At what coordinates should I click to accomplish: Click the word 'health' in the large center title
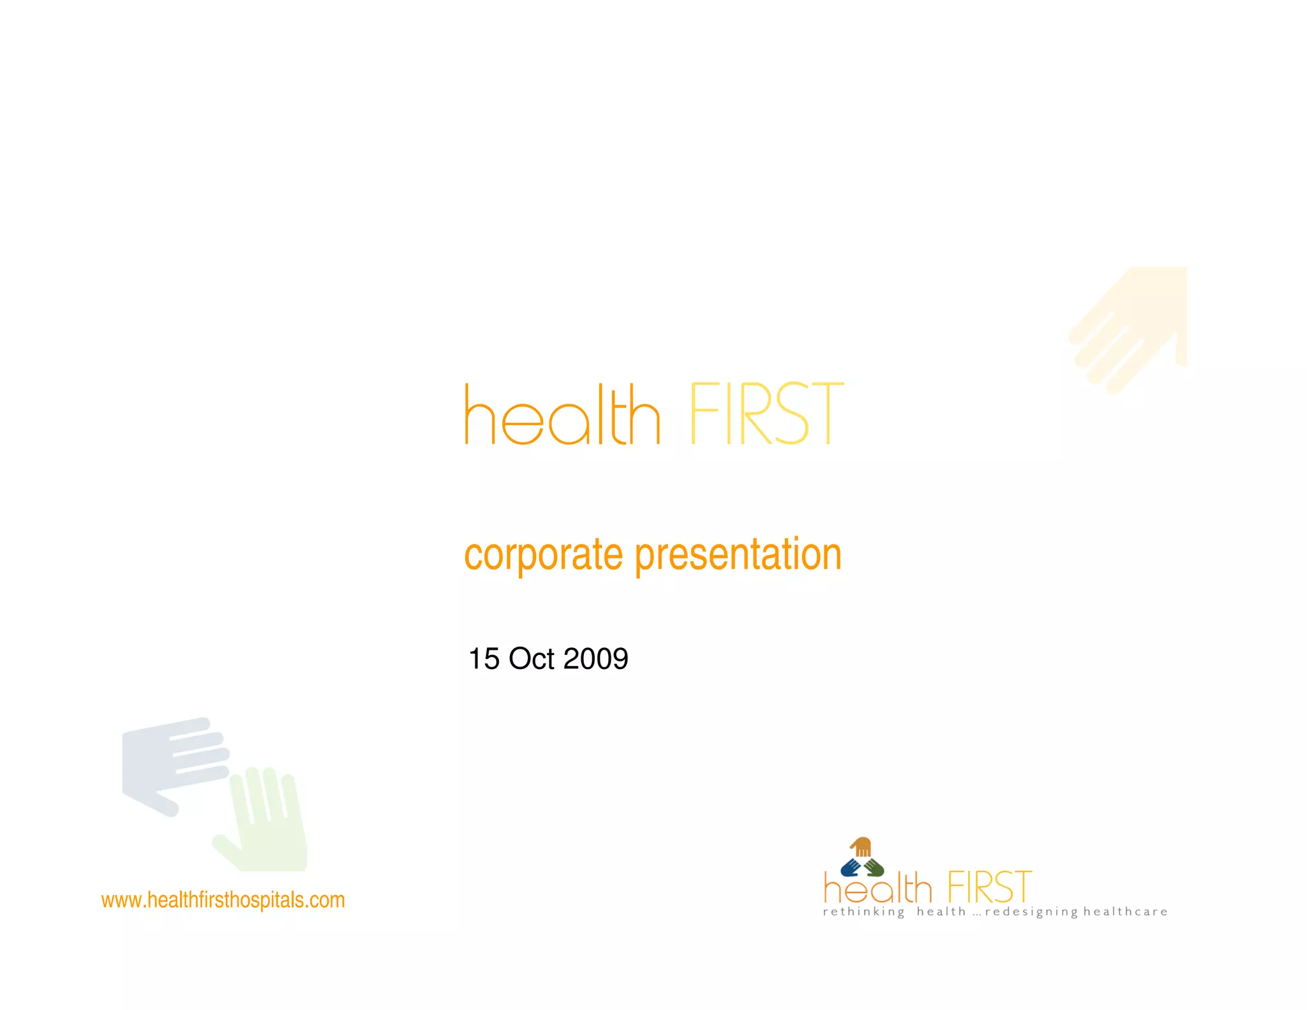pos(562,415)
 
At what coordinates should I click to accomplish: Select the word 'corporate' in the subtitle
pos(542,554)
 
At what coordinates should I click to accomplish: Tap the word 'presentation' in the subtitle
pos(738,554)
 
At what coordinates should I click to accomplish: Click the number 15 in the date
pos(484,659)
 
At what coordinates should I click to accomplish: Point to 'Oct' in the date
pos(531,659)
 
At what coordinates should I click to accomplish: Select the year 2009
pos(595,659)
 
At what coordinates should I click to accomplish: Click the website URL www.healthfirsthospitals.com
pos(223,900)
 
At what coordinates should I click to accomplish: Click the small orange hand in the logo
pos(862,847)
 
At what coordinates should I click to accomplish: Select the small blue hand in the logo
pos(850,868)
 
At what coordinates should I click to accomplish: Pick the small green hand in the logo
pos(874,868)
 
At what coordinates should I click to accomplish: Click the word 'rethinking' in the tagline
pos(863,912)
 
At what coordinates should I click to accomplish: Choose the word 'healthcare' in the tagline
pos(1125,912)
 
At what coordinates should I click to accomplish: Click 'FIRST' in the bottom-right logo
pos(989,887)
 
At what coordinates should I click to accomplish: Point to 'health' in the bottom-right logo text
pos(878,889)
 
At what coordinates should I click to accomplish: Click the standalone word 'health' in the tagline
pos(941,912)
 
